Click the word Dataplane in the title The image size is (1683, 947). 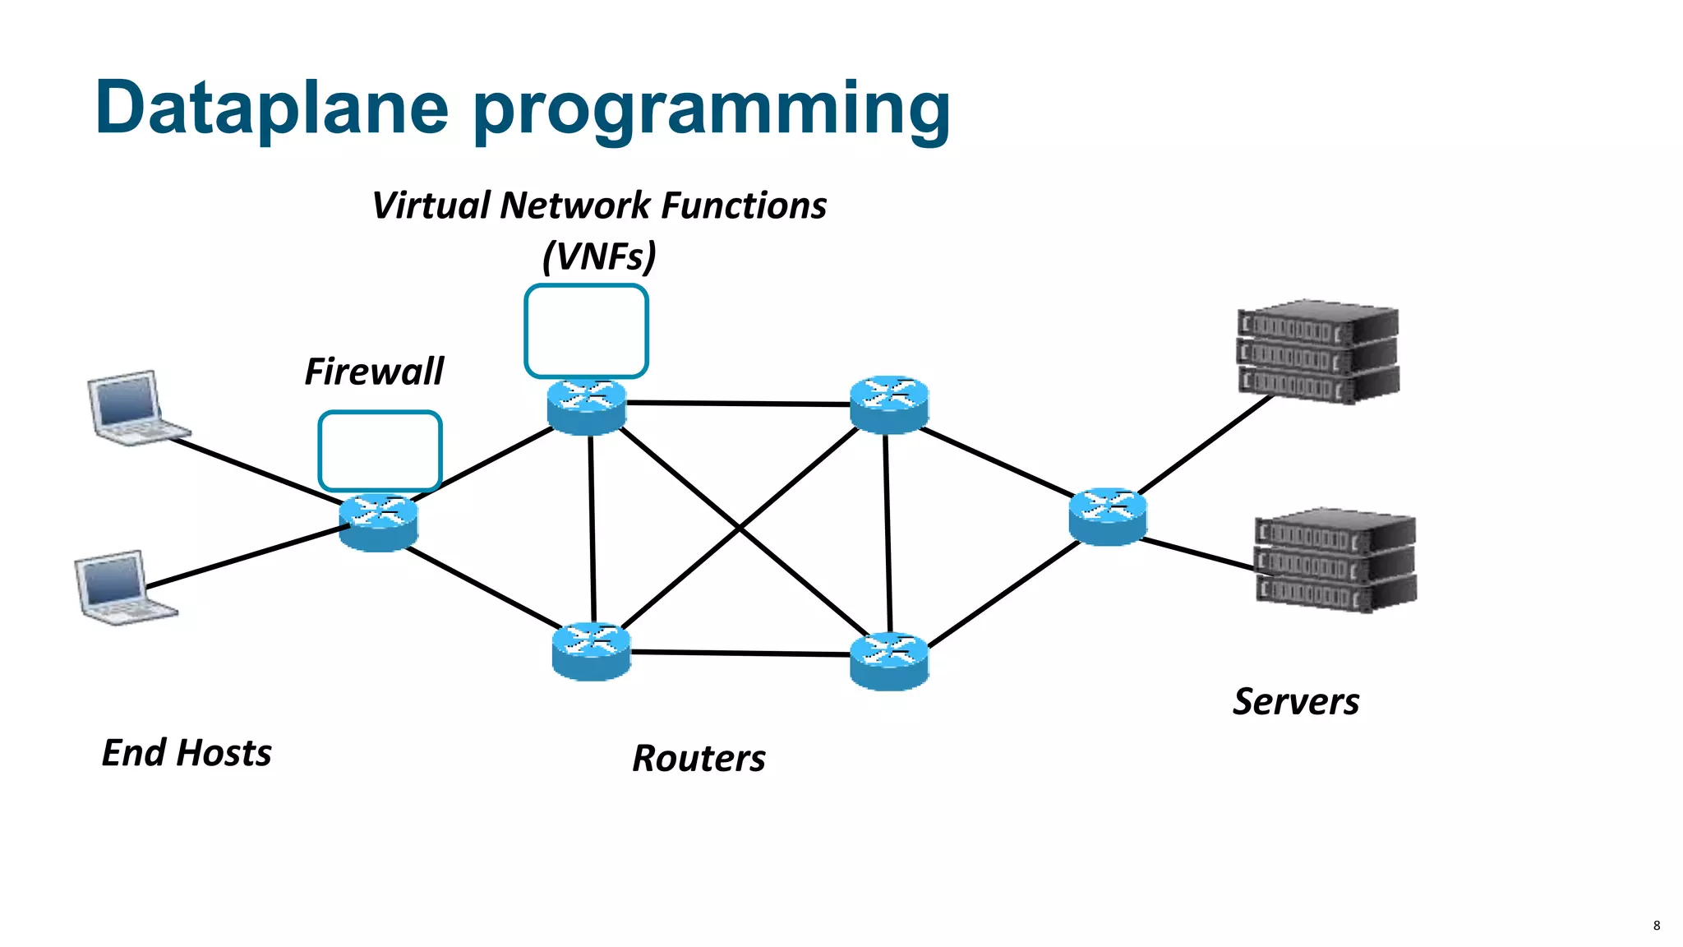click(271, 109)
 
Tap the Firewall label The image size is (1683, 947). click(374, 372)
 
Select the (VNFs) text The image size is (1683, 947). click(599, 256)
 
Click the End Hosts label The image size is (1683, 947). click(187, 753)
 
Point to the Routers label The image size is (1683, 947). click(699, 758)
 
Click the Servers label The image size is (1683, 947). click(1296, 702)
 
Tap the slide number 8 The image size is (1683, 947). click(1656, 926)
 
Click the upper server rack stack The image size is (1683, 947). click(1317, 352)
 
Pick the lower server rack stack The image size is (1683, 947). click(1335, 560)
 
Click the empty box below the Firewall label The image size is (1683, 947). click(380, 450)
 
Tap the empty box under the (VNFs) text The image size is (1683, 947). click(586, 330)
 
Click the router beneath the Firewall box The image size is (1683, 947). click(379, 522)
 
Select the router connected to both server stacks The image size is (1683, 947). click(1108, 516)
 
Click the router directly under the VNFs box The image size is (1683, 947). click(587, 406)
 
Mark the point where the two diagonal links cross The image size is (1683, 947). click(740, 529)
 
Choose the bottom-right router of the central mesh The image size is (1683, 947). click(889, 660)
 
